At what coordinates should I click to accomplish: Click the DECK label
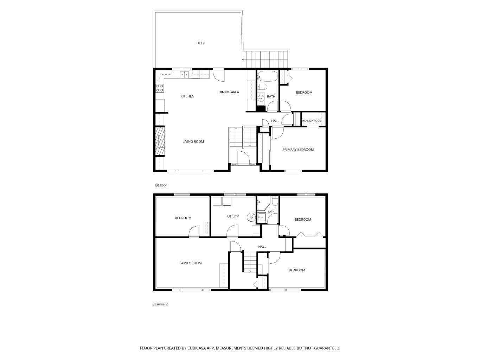coord(200,43)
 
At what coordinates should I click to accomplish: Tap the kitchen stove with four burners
coord(160,88)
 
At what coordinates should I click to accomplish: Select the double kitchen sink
coord(185,75)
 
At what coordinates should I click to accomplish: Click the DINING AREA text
coord(229,92)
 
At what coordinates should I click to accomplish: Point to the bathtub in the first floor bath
coord(267,76)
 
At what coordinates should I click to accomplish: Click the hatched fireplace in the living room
coord(160,141)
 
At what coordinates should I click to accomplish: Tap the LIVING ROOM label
coord(193,141)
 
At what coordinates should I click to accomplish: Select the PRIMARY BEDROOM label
coord(298,150)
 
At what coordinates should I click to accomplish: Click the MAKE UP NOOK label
coord(312,121)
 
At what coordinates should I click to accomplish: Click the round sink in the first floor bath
coord(261,99)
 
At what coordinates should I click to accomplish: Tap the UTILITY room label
coord(233,216)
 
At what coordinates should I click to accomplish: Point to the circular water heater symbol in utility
coord(251,217)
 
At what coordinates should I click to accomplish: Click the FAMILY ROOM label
coord(191,263)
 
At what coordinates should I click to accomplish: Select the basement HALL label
coord(262,247)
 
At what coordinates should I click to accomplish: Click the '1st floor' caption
coord(160,185)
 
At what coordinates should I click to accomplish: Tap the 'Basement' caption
coord(160,304)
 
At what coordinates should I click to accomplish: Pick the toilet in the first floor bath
coord(262,87)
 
